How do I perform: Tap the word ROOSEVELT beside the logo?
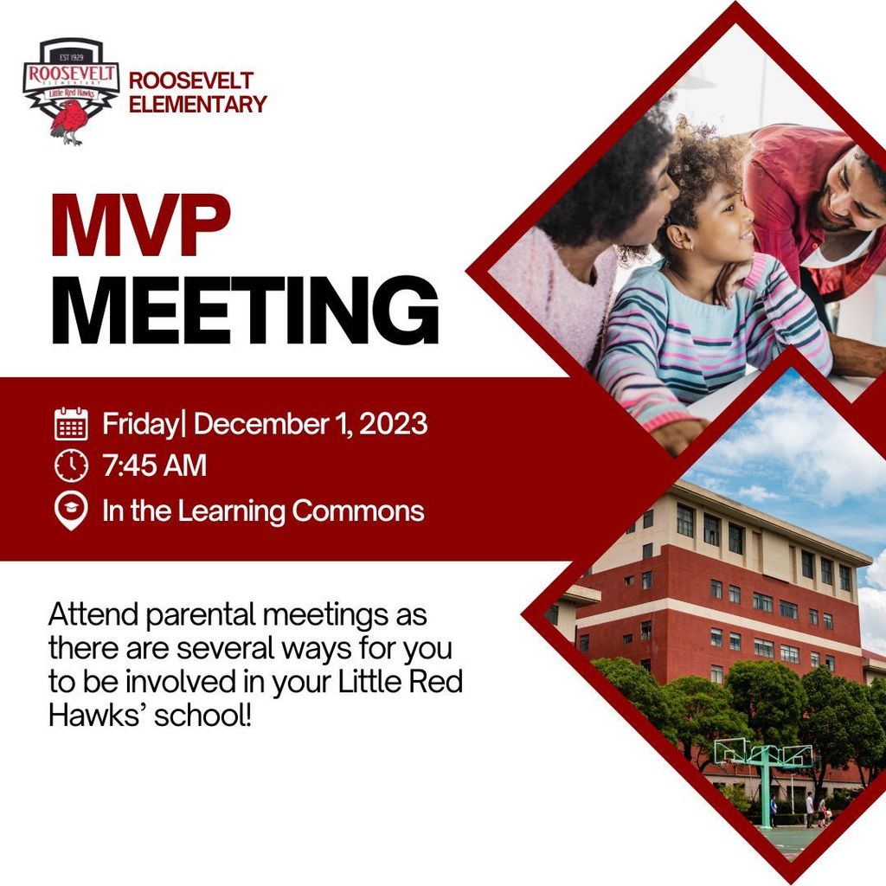[190, 81]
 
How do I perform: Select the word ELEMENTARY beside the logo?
[197, 105]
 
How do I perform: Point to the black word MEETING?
[244, 314]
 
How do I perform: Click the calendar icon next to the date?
[71, 424]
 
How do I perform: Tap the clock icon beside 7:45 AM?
[71, 465]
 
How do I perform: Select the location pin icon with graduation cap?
[71, 510]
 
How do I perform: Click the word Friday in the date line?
[139, 425]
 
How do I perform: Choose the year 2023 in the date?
[393, 424]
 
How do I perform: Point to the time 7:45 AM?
[155, 466]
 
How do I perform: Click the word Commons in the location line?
[358, 511]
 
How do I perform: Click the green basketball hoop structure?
[763, 761]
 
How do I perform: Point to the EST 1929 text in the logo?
[70, 54]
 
